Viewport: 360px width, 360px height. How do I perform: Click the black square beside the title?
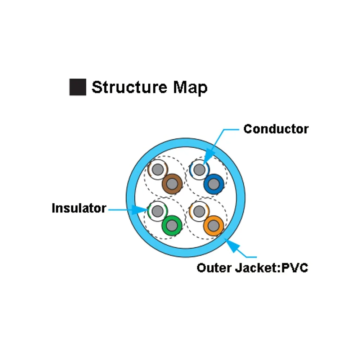tap(78, 87)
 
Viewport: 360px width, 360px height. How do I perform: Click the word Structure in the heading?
tap(129, 87)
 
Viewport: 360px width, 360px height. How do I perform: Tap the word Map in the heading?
tap(190, 88)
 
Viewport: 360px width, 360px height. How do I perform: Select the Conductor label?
tap(276, 129)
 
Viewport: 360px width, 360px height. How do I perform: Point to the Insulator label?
tap(79, 208)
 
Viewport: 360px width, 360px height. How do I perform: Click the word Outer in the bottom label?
tap(214, 268)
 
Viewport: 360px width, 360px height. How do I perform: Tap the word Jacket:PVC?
tap(271, 268)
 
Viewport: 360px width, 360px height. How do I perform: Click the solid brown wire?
tap(172, 184)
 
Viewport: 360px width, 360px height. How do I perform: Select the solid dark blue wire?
tap(214, 184)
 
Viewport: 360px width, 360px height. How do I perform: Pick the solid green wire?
tap(172, 225)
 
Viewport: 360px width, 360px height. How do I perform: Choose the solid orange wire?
tap(213, 225)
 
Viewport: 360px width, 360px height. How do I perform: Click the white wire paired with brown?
tap(158, 170)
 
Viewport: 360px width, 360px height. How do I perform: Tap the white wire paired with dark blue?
tap(199, 170)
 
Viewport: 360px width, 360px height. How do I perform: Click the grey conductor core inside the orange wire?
tap(213, 225)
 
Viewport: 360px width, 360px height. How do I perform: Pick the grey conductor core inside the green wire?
tap(172, 225)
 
